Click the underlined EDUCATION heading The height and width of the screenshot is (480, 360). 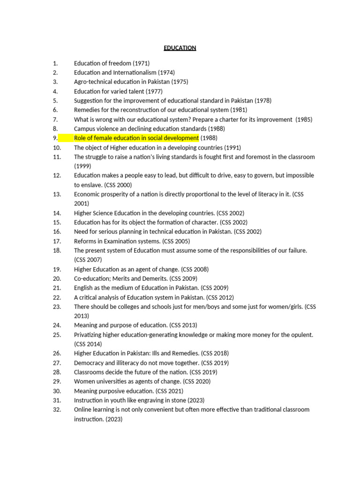[x=180, y=48]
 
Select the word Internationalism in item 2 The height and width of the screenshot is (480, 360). [x=133, y=72]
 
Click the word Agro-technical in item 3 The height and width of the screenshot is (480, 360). [x=92, y=82]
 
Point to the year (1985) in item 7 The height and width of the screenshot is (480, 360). [x=304, y=119]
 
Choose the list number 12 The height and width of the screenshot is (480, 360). [x=57, y=175]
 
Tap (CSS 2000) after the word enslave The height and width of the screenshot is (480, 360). [x=118, y=185]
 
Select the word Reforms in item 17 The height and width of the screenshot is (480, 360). [x=85, y=241]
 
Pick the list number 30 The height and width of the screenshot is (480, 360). [x=57, y=391]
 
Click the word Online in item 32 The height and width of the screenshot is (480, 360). [x=82, y=410]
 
